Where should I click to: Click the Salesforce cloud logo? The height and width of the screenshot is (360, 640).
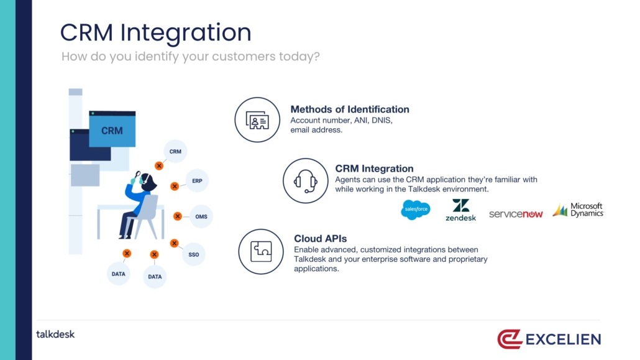[x=416, y=210]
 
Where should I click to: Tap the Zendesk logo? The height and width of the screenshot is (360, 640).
[x=461, y=210]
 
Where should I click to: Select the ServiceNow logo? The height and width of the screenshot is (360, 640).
[x=516, y=214]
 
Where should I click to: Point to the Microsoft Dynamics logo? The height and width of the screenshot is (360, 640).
[x=578, y=210]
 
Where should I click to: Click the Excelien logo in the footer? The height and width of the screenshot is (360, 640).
[x=549, y=339]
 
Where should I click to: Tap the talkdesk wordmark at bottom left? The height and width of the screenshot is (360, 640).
[x=55, y=335]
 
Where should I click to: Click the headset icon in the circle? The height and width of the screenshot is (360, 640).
[x=305, y=180]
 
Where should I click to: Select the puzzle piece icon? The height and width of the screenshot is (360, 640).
[x=261, y=251]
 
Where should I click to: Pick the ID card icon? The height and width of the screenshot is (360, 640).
[x=257, y=120]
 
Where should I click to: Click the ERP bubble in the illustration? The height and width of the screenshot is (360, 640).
[x=197, y=180]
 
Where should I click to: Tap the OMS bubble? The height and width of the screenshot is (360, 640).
[x=201, y=216]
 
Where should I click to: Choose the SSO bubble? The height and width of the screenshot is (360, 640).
[x=193, y=254]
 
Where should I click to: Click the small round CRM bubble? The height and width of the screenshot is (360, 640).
[x=175, y=151]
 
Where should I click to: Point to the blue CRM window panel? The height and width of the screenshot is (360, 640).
[x=112, y=129]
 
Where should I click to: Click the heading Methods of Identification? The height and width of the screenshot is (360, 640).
[x=350, y=109]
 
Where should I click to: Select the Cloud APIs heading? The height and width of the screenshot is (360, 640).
[x=321, y=238]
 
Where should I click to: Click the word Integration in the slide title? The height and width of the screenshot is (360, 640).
[x=186, y=33]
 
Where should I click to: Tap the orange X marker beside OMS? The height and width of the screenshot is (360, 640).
[x=178, y=216]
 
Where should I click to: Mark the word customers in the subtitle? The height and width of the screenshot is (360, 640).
[x=244, y=57]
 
